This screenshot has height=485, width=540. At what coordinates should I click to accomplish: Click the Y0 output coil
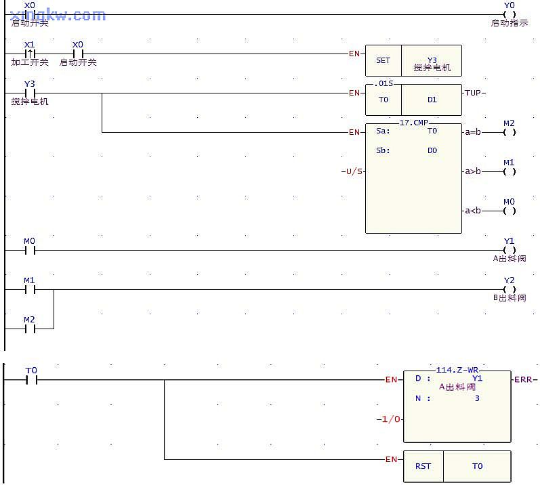pyautogui.click(x=510, y=14)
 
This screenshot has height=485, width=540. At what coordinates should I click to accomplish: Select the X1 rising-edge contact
pyautogui.click(x=29, y=54)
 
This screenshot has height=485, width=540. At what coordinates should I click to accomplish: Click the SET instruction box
pyautogui.click(x=383, y=60)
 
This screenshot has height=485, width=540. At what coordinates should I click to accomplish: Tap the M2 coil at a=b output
pyautogui.click(x=510, y=132)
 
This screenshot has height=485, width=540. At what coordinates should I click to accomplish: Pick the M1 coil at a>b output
pyautogui.click(x=510, y=171)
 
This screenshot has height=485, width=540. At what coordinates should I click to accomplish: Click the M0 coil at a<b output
pyautogui.click(x=510, y=211)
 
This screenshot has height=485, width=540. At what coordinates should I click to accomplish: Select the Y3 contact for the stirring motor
pyautogui.click(x=29, y=93)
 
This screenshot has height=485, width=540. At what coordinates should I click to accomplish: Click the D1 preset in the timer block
pyautogui.click(x=432, y=100)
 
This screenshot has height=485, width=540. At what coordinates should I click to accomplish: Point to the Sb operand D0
pyautogui.click(x=432, y=150)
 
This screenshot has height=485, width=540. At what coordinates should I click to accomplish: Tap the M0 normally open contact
pyautogui.click(x=29, y=250)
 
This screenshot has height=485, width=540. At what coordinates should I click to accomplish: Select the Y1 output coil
pyautogui.click(x=510, y=250)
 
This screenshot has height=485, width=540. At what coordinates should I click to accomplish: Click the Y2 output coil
pyautogui.click(x=510, y=289)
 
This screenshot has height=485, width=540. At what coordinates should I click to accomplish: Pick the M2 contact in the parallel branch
pyautogui.click(x=29, y=329)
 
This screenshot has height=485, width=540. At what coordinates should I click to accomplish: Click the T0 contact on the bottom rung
pyautogui.click(x=31, y=380)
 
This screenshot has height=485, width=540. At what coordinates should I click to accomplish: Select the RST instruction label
pyautogui.click(x=423, y=466)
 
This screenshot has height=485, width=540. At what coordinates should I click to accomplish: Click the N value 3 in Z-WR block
pyautogui.click(x=477, y=398)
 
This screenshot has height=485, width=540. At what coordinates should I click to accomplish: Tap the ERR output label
pyautogui.click(x=523, y=379)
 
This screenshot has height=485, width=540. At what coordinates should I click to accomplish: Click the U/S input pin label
pyautogui.click(x=353, y=171)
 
